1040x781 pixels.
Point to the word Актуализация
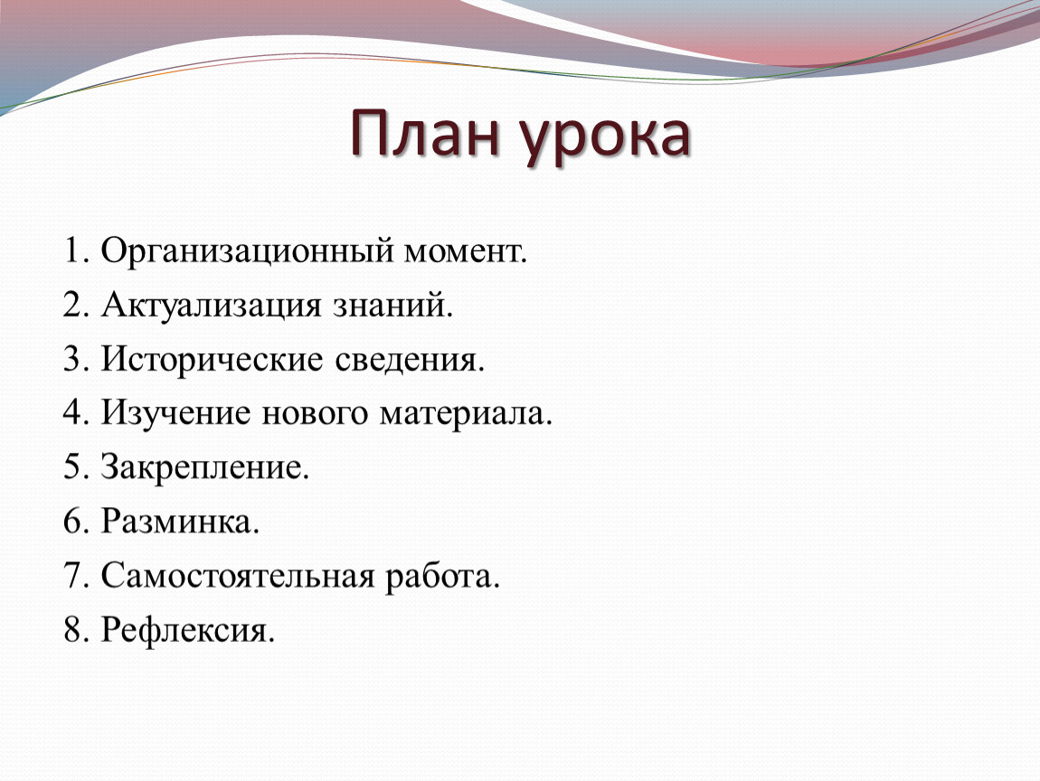[x=212, y=306]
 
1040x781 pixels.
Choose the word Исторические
[x=213, y=361]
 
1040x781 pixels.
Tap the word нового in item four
[x=315, y=414]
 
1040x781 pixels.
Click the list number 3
[x=71, y=359]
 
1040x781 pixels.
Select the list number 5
[x=71, y=466]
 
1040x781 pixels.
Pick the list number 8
[x=71, y=629]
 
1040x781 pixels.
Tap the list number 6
[x=71, y=521]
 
